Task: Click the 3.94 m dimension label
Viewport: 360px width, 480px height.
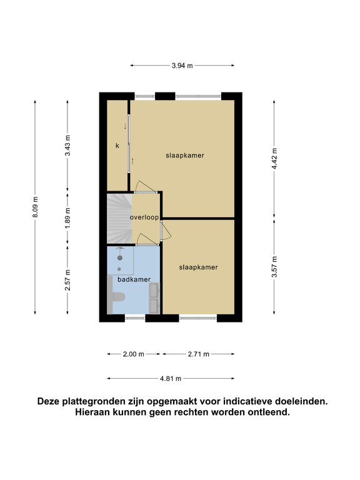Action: coord(182,66)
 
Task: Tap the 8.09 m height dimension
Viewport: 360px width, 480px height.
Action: coord(35,207)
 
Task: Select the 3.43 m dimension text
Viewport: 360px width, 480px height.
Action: coord(67,146)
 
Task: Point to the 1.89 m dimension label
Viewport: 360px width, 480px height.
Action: coord(67,217)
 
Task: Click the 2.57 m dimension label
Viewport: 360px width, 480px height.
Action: coord(67,280)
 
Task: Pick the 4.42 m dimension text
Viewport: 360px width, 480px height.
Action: coord(274,159)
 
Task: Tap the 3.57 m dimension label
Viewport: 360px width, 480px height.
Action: coord(274,267)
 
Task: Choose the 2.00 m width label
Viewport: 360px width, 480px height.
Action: coord(134,354)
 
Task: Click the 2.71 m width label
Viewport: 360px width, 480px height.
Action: coord(199,354)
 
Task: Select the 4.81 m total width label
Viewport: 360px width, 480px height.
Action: coord(171,379)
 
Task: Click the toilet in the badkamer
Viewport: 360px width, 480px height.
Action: coord(117,297)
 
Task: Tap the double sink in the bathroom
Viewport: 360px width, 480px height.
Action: coord(154,298)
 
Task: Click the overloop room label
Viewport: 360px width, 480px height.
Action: coord(144,217)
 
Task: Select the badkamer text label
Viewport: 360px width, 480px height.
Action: coord(134,279)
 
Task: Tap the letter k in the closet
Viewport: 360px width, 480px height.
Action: coord(117,146)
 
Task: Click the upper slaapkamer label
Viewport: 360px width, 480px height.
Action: coord(185,156)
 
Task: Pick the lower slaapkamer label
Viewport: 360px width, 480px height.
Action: coord(198,267)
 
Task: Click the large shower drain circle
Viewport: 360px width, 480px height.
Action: coord(120,258)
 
